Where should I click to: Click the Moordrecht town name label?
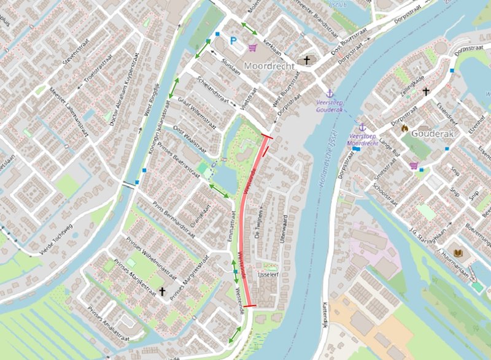click(x=269, y=64)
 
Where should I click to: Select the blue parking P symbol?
click(x=233, y=41)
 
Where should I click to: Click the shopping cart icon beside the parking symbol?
click(x=252, y=47)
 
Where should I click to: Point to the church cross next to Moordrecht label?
click(x=307, y=61)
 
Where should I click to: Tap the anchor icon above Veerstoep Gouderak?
click(x=328, y=91)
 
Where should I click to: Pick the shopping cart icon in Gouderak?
click(x=414, y=165)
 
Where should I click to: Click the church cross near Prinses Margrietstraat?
click(x=162, y=291)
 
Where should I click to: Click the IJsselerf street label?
click(x=268, y=275)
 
